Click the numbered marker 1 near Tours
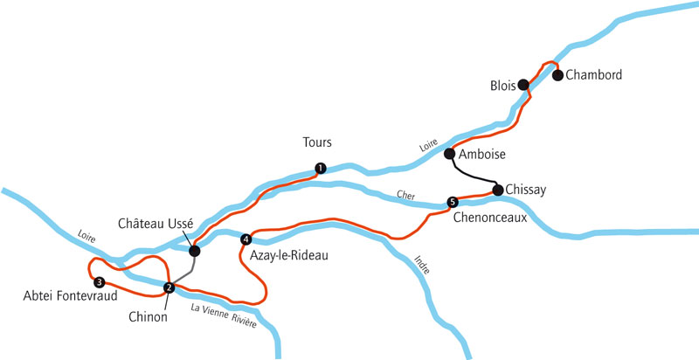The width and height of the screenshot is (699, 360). [x=321, y=169]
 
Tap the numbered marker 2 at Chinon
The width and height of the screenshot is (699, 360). [x=170, y=287]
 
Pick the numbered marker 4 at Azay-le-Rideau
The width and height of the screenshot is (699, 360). [x=246, y=239]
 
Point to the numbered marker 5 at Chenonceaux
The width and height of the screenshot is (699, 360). [x=452, y=202]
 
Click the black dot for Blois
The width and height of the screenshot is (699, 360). [x=523, y=85]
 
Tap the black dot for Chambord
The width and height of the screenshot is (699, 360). [x=557, y=74]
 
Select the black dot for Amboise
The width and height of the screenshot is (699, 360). [x=450, y=154]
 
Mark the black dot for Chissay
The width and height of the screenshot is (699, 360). [x=497, y=189]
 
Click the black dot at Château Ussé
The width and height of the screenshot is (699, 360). [x=194, y=251]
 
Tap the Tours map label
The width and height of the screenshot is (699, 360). [x=317, y=142]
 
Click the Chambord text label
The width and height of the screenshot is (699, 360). [x=593, y=75]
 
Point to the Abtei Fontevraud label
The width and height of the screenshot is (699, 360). [x=59, y=297]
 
